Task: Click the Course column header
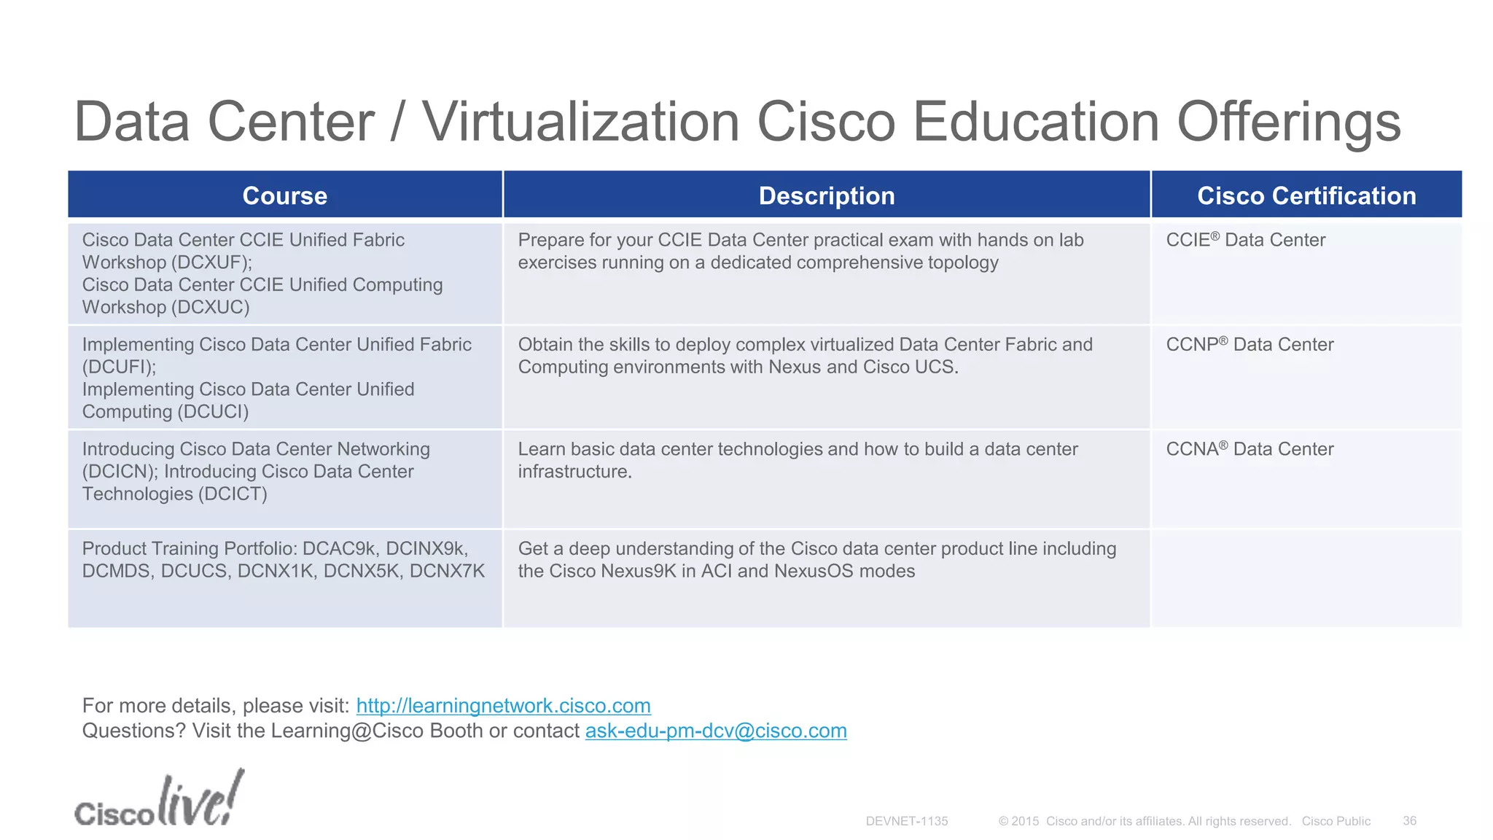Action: click(284, 195)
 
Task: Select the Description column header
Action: click(826, 195)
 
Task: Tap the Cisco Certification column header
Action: click(1306, 195)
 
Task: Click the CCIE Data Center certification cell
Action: click(1245, 240)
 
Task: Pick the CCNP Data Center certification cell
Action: click(1250, 344)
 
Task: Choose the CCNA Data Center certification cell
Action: click(1250, 449)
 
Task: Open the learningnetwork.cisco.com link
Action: click(503, 706)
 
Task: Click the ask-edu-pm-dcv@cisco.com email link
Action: click(716, 731)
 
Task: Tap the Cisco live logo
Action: click(159, 801)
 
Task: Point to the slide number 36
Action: click(1409, 821)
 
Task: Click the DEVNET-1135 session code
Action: click(907, 821)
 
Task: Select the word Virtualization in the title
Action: click(582, 122)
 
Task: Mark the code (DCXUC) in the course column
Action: click(211, 307)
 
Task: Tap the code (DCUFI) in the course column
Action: click(119, 367)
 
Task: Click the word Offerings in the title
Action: click(1288, 122)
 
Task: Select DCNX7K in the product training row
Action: click(447, 571)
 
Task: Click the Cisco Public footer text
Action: click(1336, 821)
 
